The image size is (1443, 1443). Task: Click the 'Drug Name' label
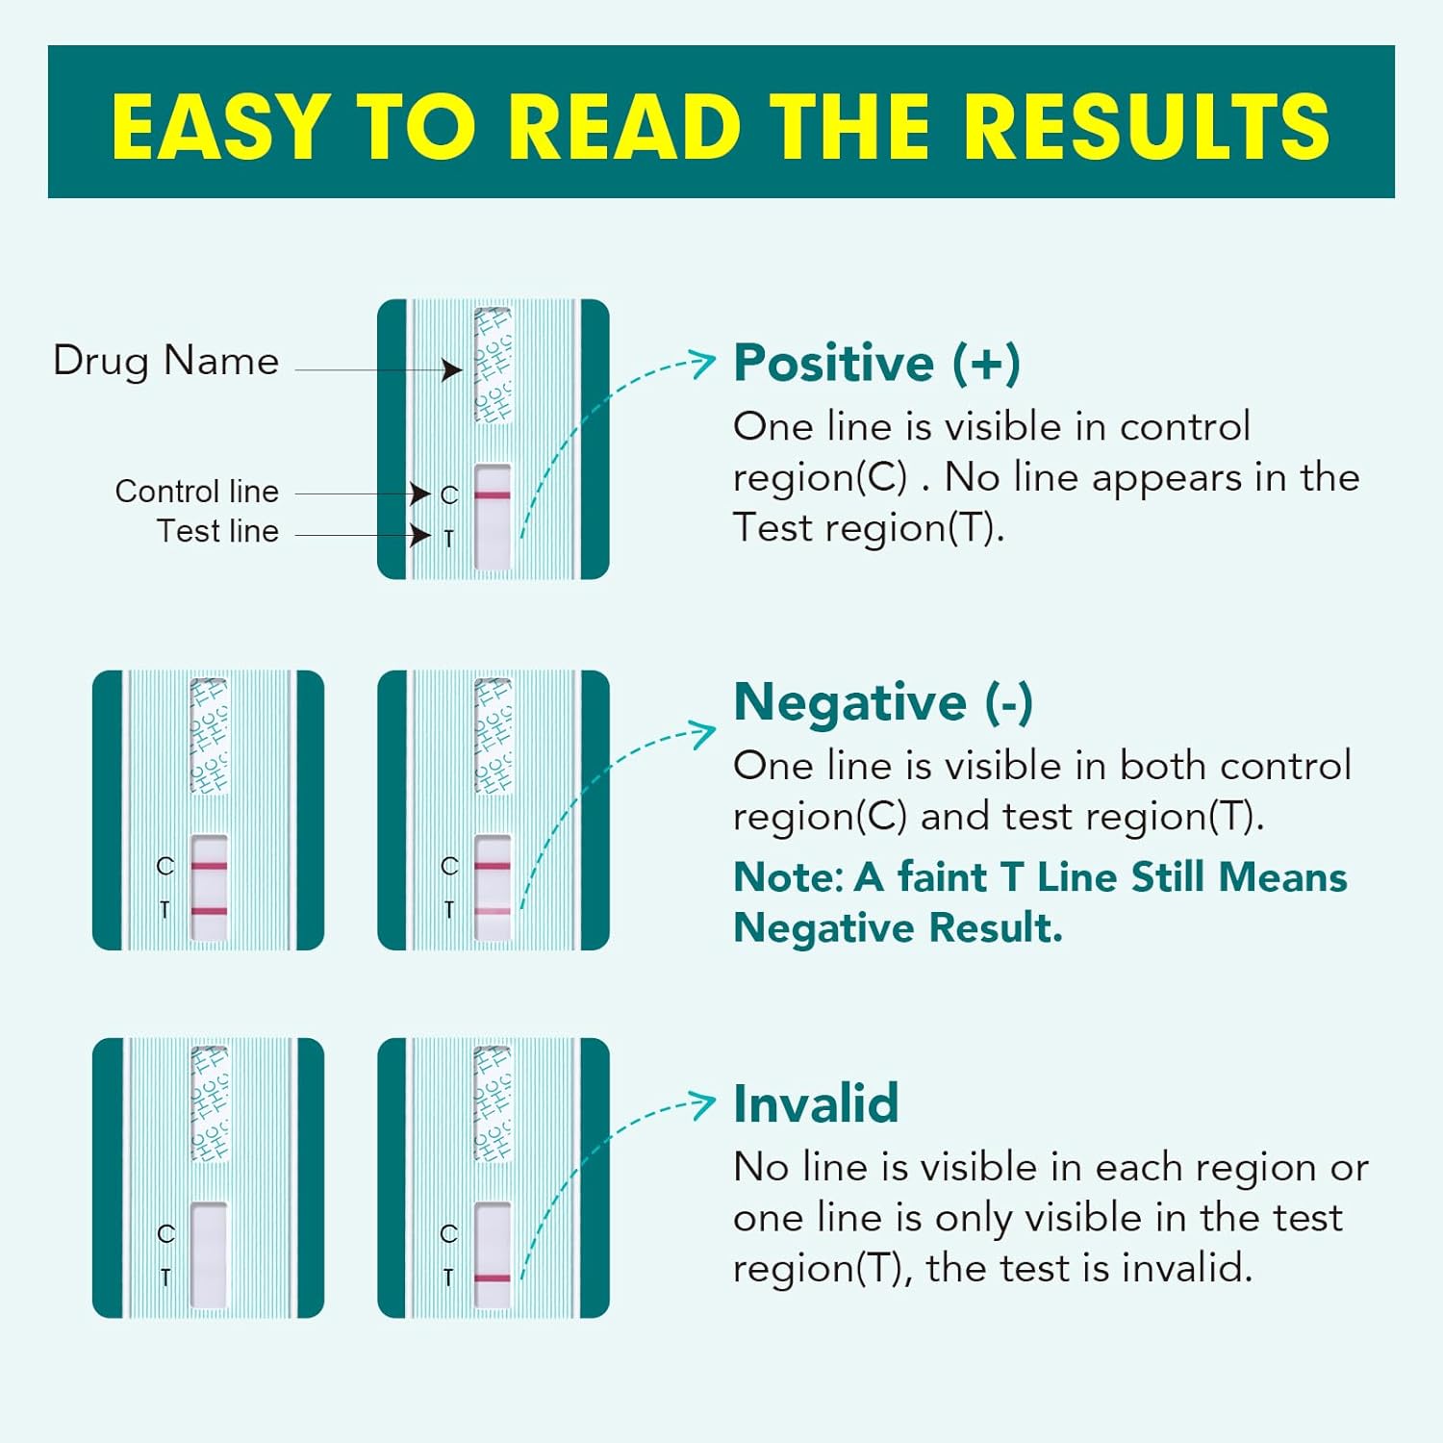(165, 362)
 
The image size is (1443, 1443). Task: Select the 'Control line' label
(196, 492)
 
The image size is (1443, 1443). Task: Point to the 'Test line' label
(217, 531)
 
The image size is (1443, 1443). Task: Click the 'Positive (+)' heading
(876, 364)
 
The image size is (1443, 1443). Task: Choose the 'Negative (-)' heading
(882, 702)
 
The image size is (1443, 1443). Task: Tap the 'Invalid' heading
(816, 1103)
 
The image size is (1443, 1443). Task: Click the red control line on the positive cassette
(493, 495)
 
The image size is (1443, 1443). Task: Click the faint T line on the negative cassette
(493, 910)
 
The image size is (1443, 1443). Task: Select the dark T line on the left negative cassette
(209, 910)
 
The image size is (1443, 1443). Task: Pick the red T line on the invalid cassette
(493, 1278)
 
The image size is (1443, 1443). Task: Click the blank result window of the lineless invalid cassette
(209, 1254)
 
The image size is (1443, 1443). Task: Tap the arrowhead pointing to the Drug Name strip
(452, 369)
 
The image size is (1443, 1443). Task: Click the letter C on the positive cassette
(449, 495)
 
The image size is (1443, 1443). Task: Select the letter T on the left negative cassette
(165, 910)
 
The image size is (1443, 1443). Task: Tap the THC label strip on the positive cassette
(493, 366)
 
